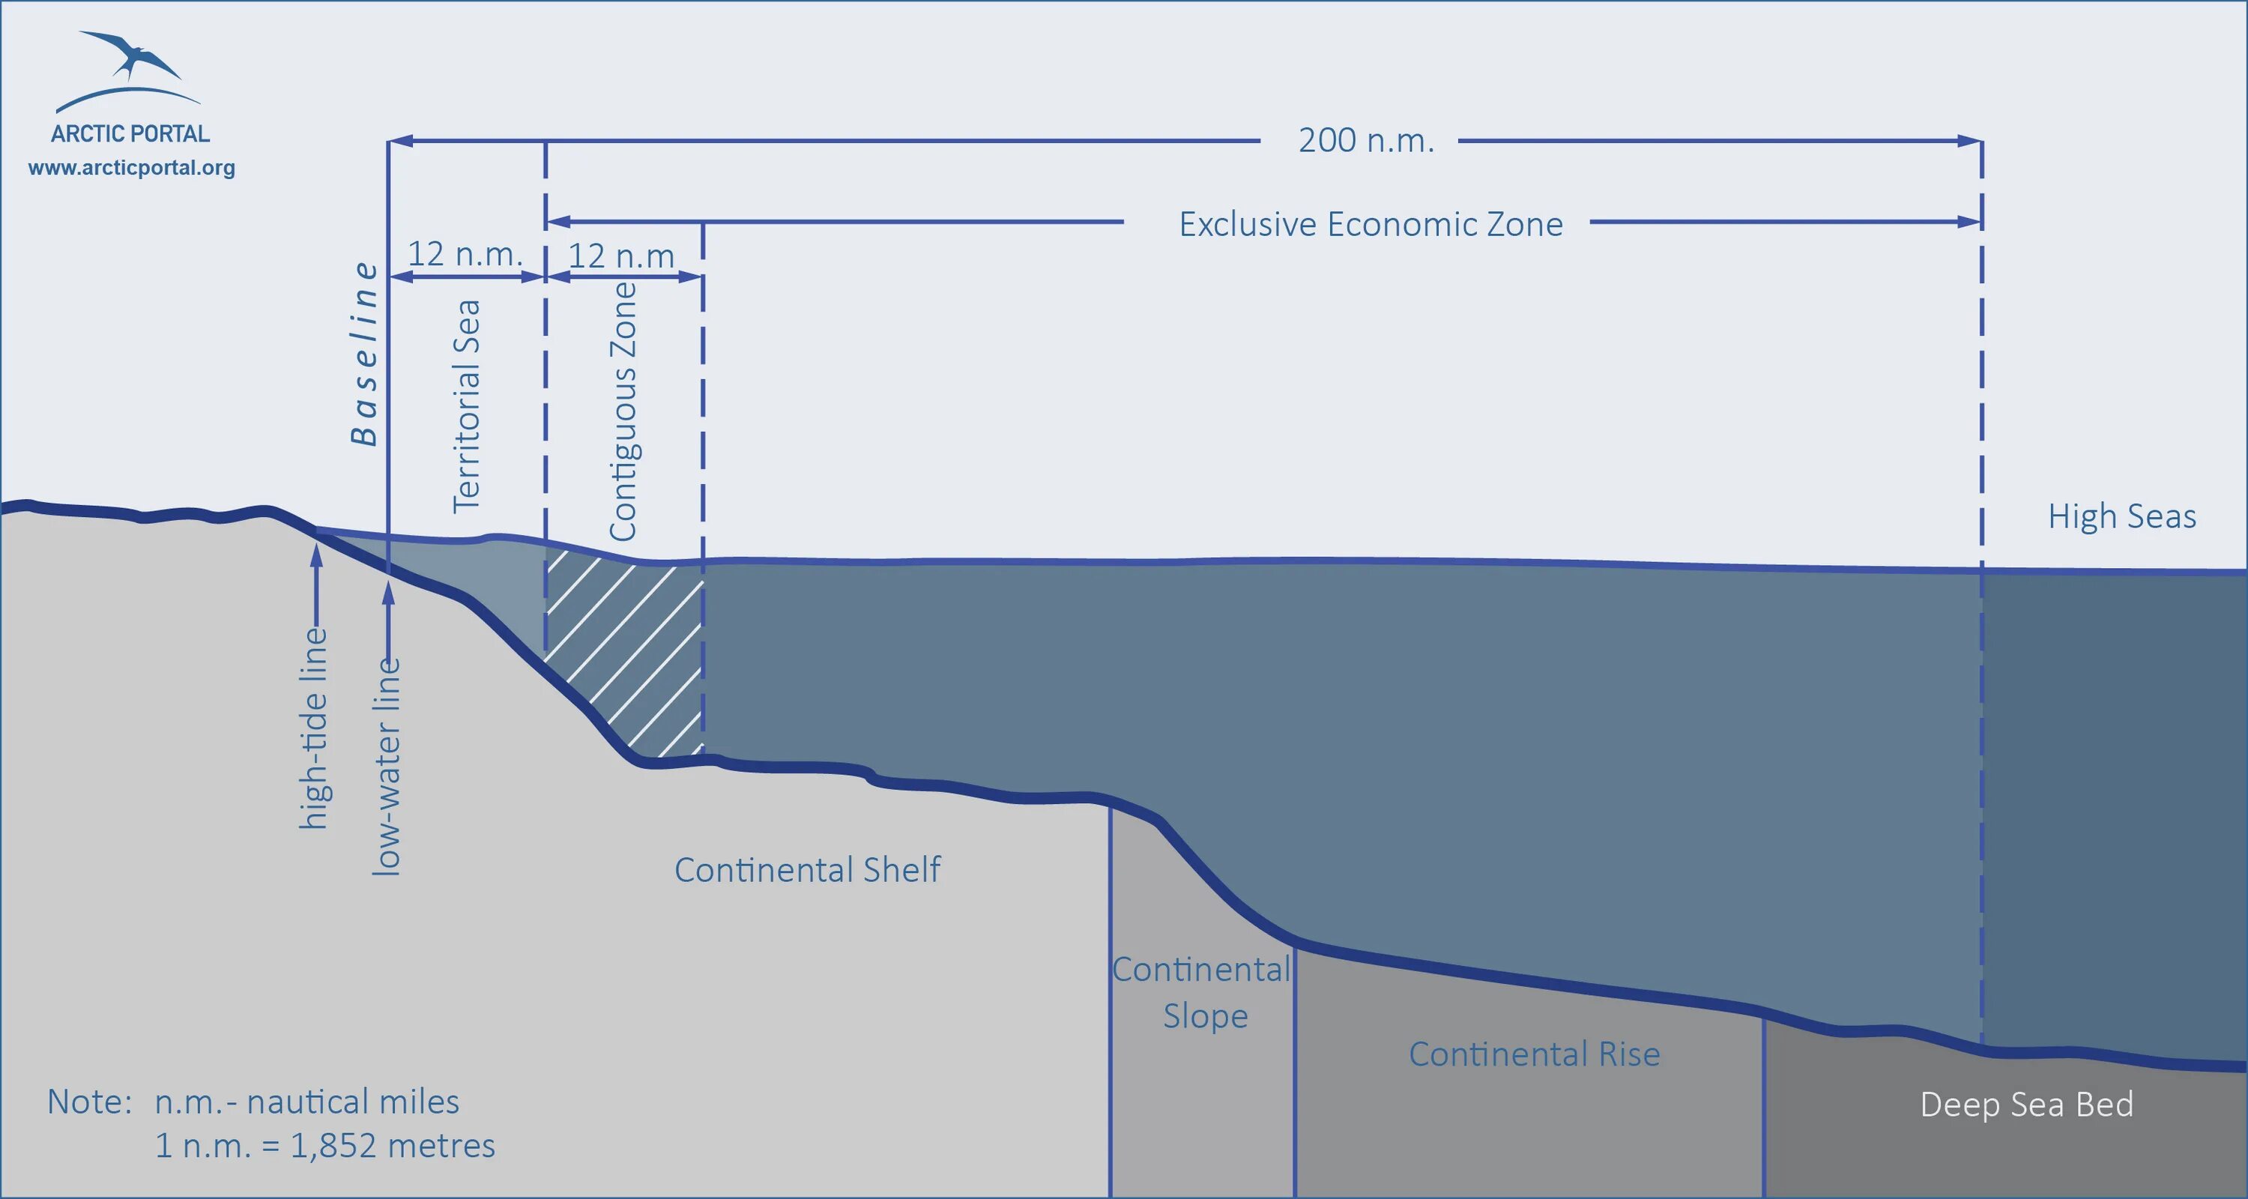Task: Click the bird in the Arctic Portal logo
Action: [x=133, y=56]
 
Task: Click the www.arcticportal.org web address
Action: [x=132, y=168]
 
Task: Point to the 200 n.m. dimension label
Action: [x=1366, y=140]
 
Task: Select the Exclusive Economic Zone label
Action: [x=1370, y=224]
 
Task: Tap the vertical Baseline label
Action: [x=365, y=354]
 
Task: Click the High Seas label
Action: [x=2121, y=516]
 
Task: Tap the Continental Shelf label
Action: [x=807, y=870]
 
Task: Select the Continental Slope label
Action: [x=1203, y=993]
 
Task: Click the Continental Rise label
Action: [x=1534, y=1054]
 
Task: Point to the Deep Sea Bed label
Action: [x=2026, y=1105]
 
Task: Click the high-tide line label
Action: [x=314, y=728]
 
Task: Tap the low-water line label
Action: [x=387, y=766]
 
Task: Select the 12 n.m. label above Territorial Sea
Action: [x=465, y=254]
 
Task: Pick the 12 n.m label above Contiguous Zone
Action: [x=621, y=256]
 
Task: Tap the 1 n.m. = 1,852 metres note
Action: [x=324, y=1146]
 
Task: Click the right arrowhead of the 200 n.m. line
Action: [x=1969, y=140]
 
